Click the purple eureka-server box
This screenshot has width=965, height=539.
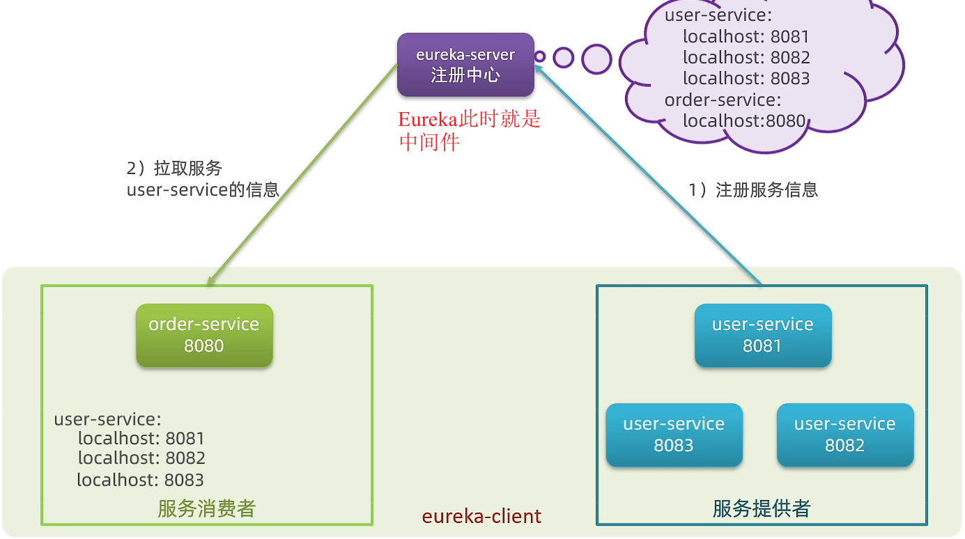point(465,65)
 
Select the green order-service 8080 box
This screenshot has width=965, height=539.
point(204,335)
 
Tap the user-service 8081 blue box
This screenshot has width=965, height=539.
point(762,335)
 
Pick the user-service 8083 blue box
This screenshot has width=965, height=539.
point(674,435)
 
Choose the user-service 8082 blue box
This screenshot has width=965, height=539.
point(844,435)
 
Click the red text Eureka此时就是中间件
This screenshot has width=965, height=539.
point(469,130)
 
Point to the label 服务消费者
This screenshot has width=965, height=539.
point(206,509)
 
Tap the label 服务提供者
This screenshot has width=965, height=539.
point(761,509)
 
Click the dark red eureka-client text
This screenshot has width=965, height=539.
point(481,517)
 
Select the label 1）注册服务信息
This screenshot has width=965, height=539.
point(753,190)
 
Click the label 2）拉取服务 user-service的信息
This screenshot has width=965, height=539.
point(202,179)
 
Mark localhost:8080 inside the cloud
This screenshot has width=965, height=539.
point(744,121)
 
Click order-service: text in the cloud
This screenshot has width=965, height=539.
point(723,100)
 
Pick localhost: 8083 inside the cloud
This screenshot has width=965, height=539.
point(746,79)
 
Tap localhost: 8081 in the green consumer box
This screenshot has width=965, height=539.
point(141,439)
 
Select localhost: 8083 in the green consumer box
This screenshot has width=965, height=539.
point(140,480)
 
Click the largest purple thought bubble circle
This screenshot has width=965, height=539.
point(596,59)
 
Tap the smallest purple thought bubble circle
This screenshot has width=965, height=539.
point(539,56)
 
